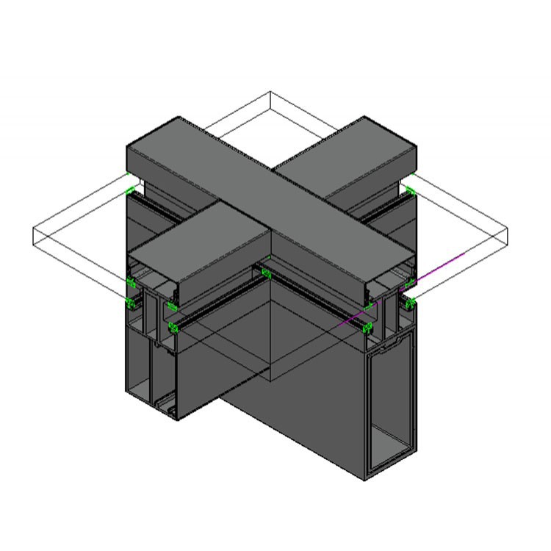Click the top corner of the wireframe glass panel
point(270,93)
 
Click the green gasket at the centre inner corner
point(266,274)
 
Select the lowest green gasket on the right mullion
point(368,327)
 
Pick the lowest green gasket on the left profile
point(173,328)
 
